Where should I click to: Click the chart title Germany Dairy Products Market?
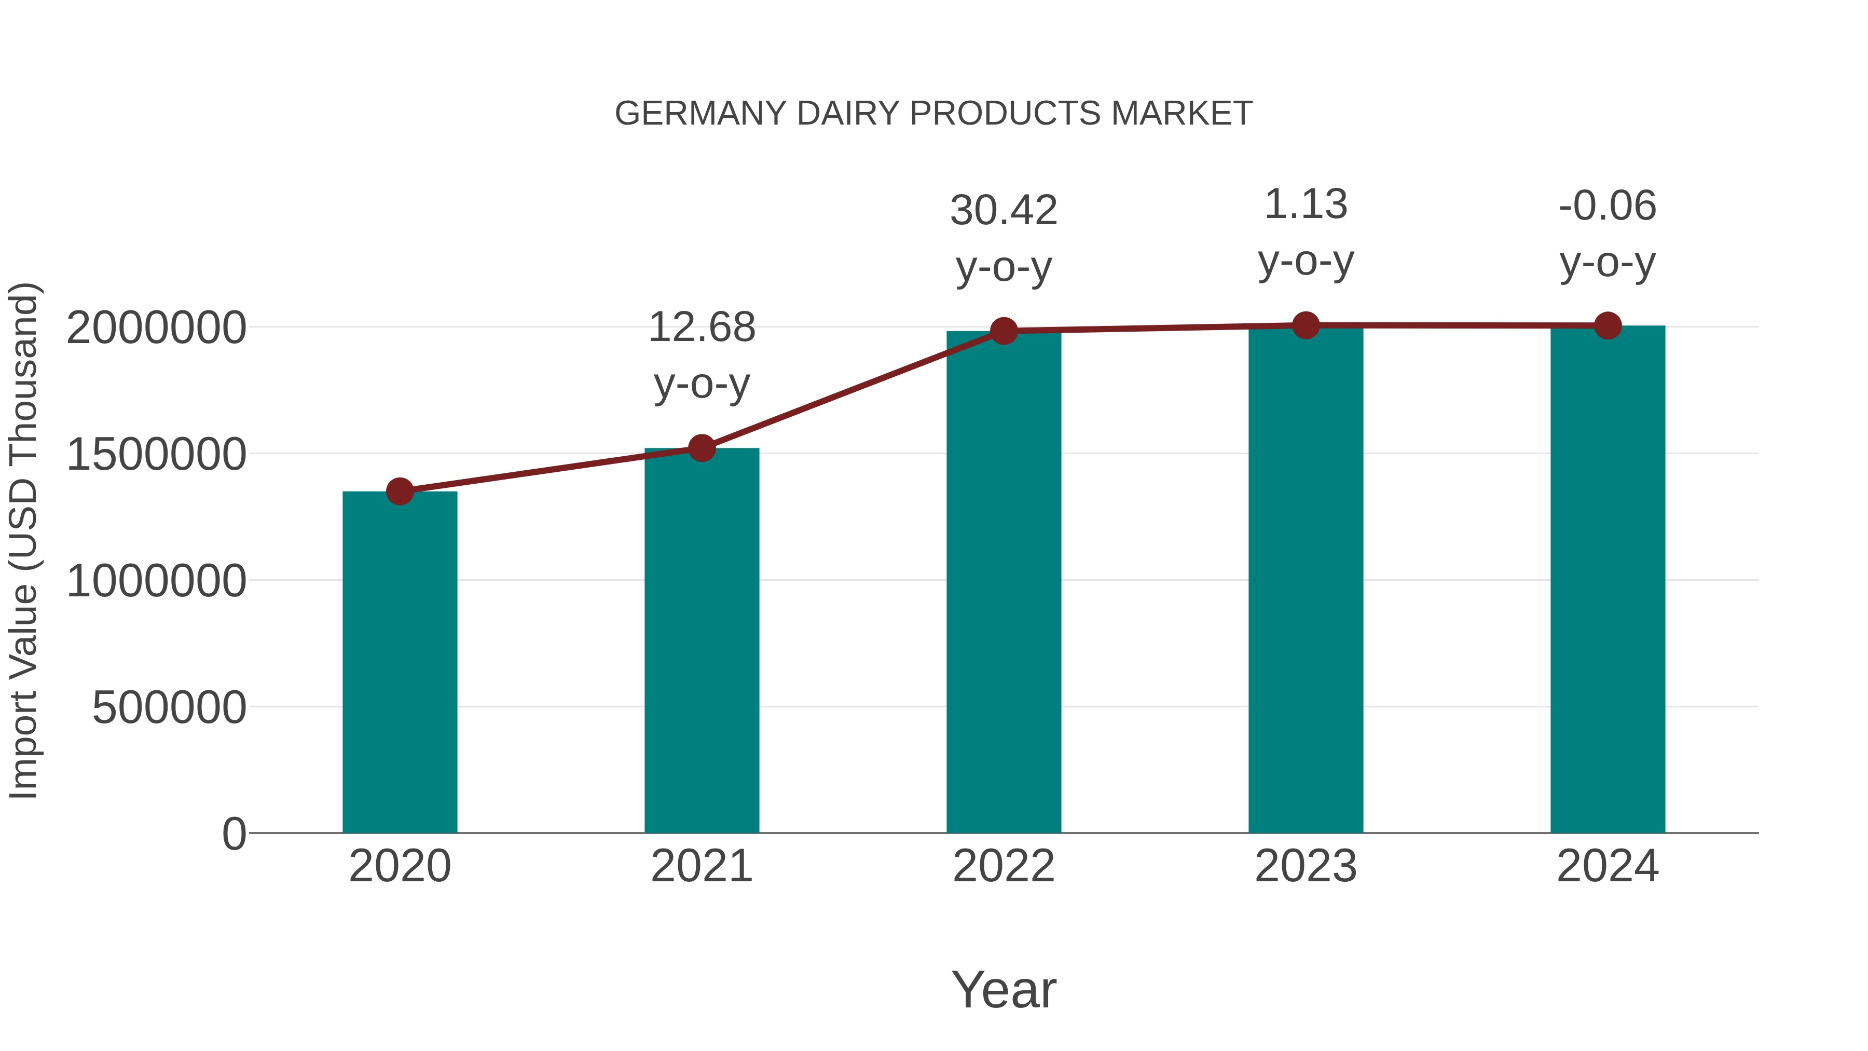(933, 114)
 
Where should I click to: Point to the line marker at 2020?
(400, 492)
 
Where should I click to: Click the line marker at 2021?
(701, 448)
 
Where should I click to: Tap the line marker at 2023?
(1306, 325)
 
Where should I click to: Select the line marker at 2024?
(1608, 325)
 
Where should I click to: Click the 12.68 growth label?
(701, 328)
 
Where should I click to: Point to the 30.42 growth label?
(1004, 211)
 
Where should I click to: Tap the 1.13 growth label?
(1306, 204)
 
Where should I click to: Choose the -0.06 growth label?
(1608, 206)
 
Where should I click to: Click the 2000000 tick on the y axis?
(156, 328)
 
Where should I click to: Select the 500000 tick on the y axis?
(169, 708)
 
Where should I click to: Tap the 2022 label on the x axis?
(1004, 866)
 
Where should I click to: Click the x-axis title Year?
(1004, 989)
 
